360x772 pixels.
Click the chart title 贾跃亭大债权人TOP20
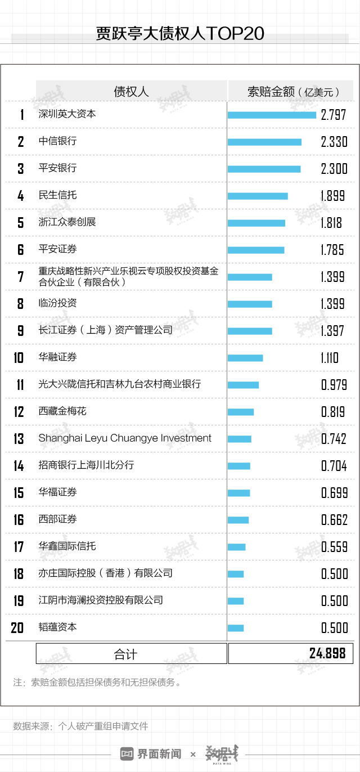[180, 34]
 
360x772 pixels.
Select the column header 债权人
[131, 91]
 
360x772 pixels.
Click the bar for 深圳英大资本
[272, 115]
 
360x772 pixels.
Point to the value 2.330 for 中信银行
[334, 142]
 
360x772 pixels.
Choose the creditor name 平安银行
[57, 168]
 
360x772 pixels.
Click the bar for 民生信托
[258, 196]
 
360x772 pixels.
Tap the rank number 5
[21, 223]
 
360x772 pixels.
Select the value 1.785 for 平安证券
[332, 250]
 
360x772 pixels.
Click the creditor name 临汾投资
[57, 303]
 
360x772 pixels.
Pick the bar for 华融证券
[245, 358]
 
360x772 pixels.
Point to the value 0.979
[334, 385]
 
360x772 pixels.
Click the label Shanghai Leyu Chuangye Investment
[125, 438]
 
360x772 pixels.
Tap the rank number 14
[19, 466]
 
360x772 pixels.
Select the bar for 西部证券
[238, 520]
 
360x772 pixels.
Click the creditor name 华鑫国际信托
[67, 546]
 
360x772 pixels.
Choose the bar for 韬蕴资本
[236, 628]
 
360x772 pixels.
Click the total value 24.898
[327, 653]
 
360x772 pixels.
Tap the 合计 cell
[125, 654]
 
